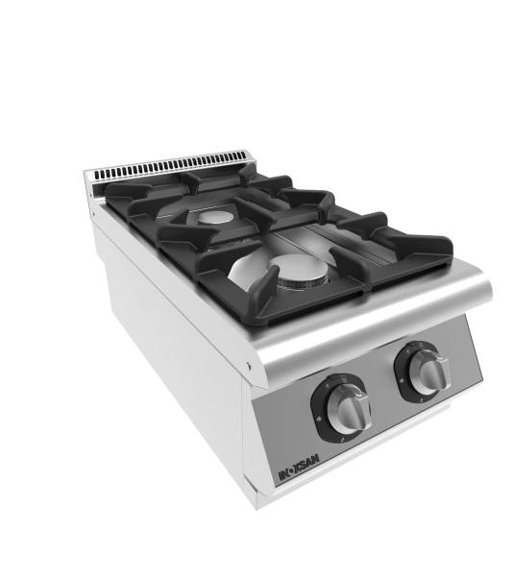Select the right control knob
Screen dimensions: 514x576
pos(429,372)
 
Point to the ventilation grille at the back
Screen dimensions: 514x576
pos(170,166)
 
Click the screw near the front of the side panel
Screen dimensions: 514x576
pos(249,365)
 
